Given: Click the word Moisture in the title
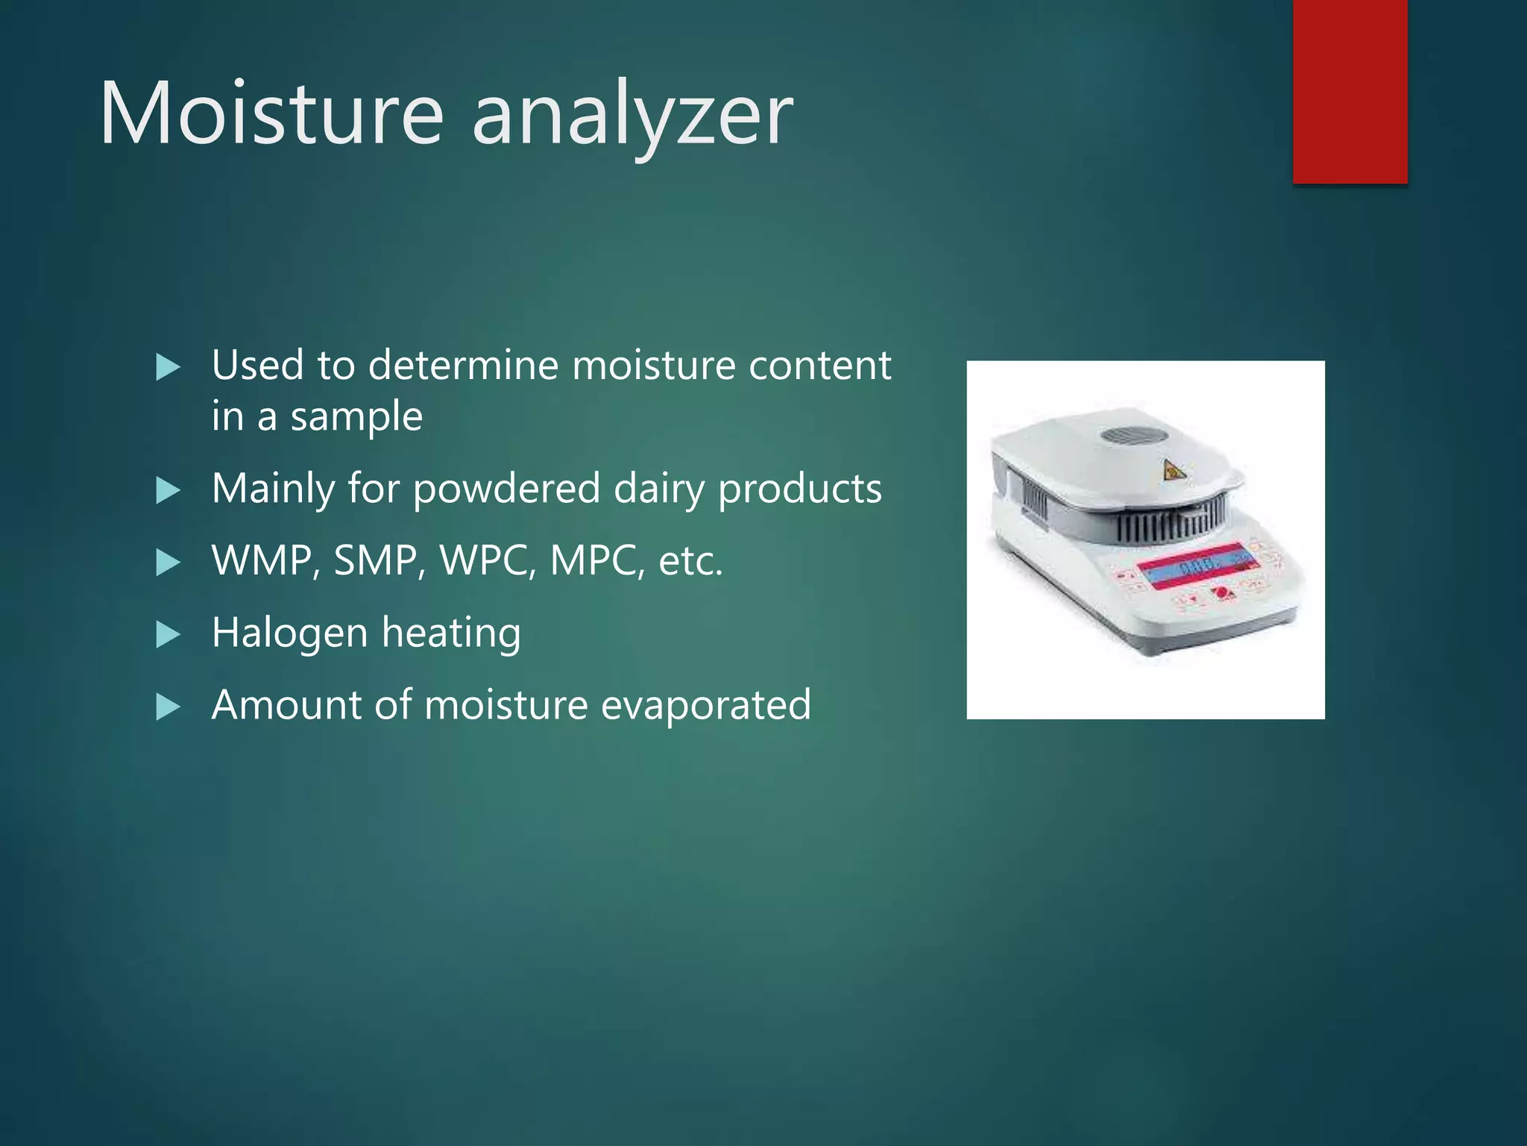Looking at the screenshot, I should (x=272, y=113).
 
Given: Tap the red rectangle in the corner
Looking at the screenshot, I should (x=1350, y=91).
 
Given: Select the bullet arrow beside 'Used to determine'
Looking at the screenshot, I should (x=169, y=367).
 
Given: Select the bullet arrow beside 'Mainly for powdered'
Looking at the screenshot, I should (x=169, y=491).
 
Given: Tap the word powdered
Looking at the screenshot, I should (x=506, y=489).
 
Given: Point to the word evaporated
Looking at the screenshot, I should (x=705, y=706).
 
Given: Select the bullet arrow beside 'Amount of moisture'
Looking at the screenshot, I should (x=169, y=707).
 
